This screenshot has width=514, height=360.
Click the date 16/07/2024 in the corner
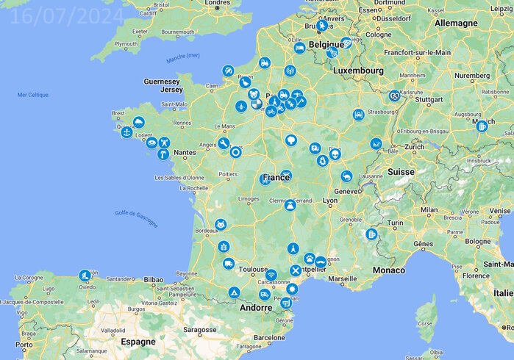point(68,16)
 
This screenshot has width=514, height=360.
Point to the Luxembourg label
point(358,71)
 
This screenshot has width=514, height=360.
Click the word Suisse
point(401,171)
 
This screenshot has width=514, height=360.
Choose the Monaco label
point(388,270)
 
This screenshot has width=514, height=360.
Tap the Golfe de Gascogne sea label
point(136,219)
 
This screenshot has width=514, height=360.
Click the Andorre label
point(257,309)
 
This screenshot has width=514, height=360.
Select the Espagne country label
point(138,342)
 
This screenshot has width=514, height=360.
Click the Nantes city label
point(185,152)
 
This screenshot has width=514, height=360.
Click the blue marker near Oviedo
point(85,276)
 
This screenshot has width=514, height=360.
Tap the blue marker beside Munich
point(482,126)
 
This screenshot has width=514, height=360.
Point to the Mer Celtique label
point(32,95)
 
